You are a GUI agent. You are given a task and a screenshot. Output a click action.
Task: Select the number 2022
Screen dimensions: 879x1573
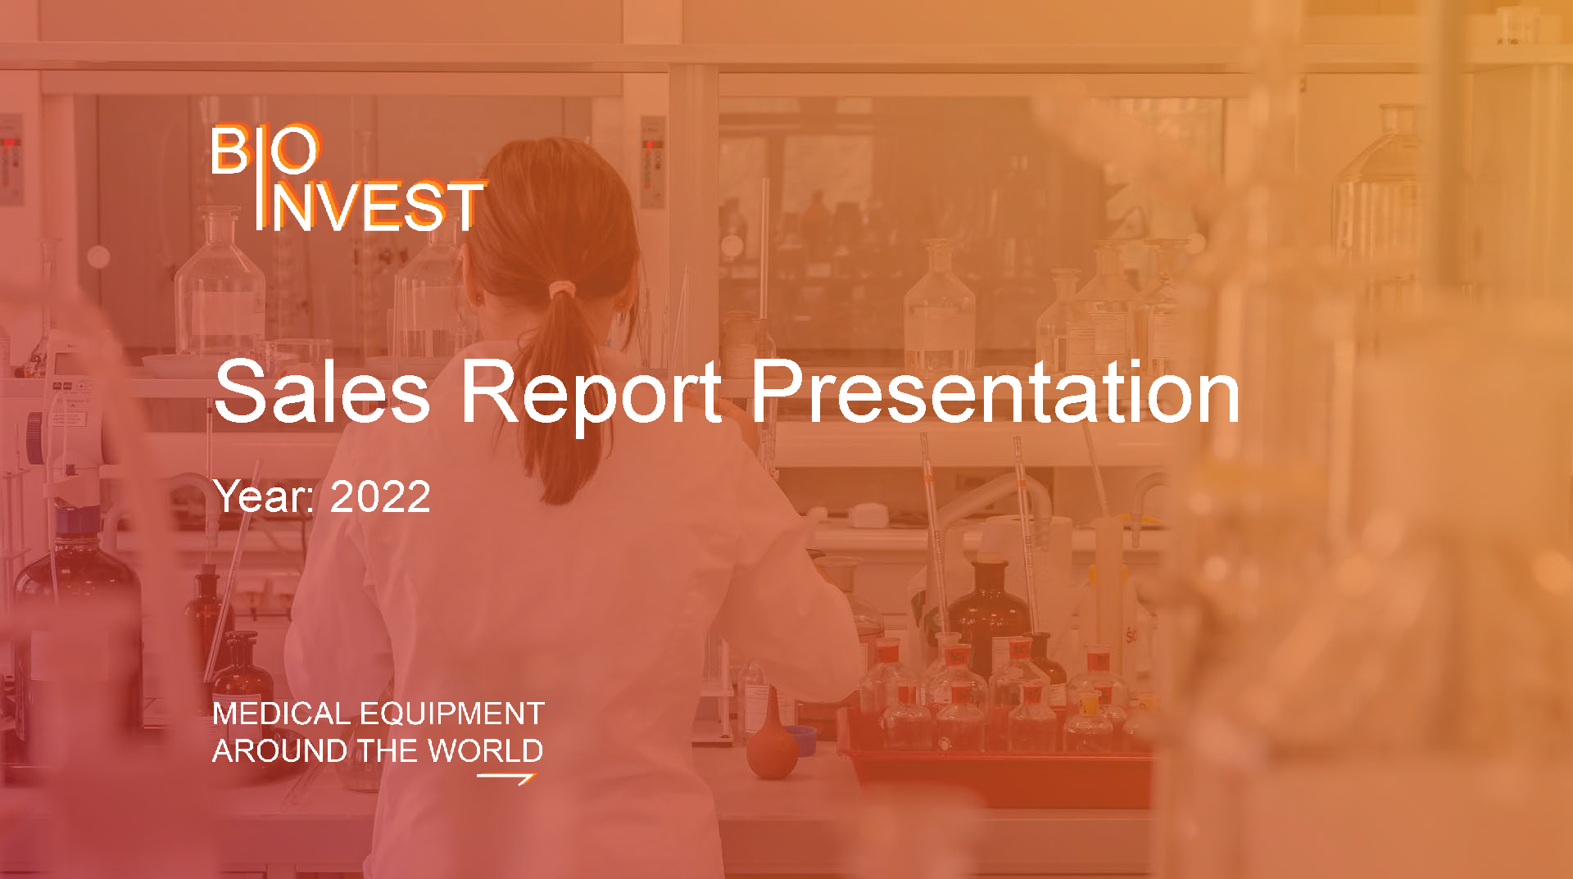point(380,497)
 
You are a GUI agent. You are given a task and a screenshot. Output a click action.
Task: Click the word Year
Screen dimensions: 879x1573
point(262,497)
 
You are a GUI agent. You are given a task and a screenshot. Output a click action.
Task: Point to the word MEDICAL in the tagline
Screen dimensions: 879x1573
point(281,714)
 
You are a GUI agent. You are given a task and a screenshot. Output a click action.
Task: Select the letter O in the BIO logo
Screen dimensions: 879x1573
point(295,151)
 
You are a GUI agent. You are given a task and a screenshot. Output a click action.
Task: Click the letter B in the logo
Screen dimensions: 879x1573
point(230,151)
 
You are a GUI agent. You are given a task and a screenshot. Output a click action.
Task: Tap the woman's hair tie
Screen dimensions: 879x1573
point(562,289)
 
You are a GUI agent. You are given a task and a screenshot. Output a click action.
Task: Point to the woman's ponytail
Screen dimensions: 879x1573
point(565,393)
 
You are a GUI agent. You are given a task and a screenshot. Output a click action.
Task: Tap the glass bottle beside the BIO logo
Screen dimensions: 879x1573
point(220,287)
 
